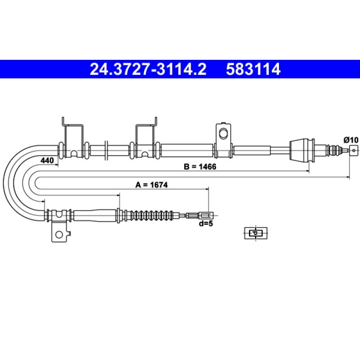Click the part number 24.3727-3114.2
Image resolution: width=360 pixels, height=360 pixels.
[148, 69]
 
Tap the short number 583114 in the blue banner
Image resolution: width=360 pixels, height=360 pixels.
[253, 69]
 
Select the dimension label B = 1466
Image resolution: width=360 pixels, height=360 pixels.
[200, 166]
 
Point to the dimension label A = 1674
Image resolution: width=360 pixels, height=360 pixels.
[152, 184]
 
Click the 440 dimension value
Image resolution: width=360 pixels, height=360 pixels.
[47, 160]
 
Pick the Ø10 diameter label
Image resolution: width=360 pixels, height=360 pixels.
[351, 140]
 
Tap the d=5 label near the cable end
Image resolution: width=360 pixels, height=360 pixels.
[206, 223]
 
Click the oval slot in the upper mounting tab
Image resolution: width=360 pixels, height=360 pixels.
[223, 134]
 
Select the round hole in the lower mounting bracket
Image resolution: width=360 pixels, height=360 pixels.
[59, 234]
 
